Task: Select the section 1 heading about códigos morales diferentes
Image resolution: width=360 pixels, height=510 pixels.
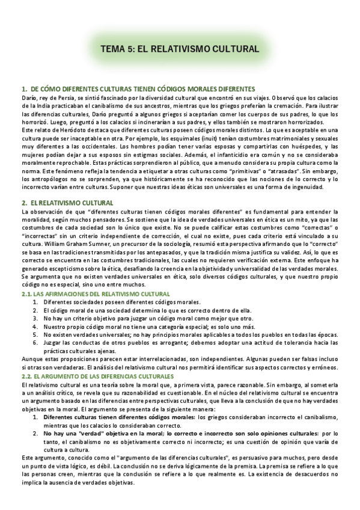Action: click(138, 89)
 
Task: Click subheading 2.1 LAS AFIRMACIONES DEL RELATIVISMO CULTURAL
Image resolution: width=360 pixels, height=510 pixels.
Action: click(96, 293)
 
